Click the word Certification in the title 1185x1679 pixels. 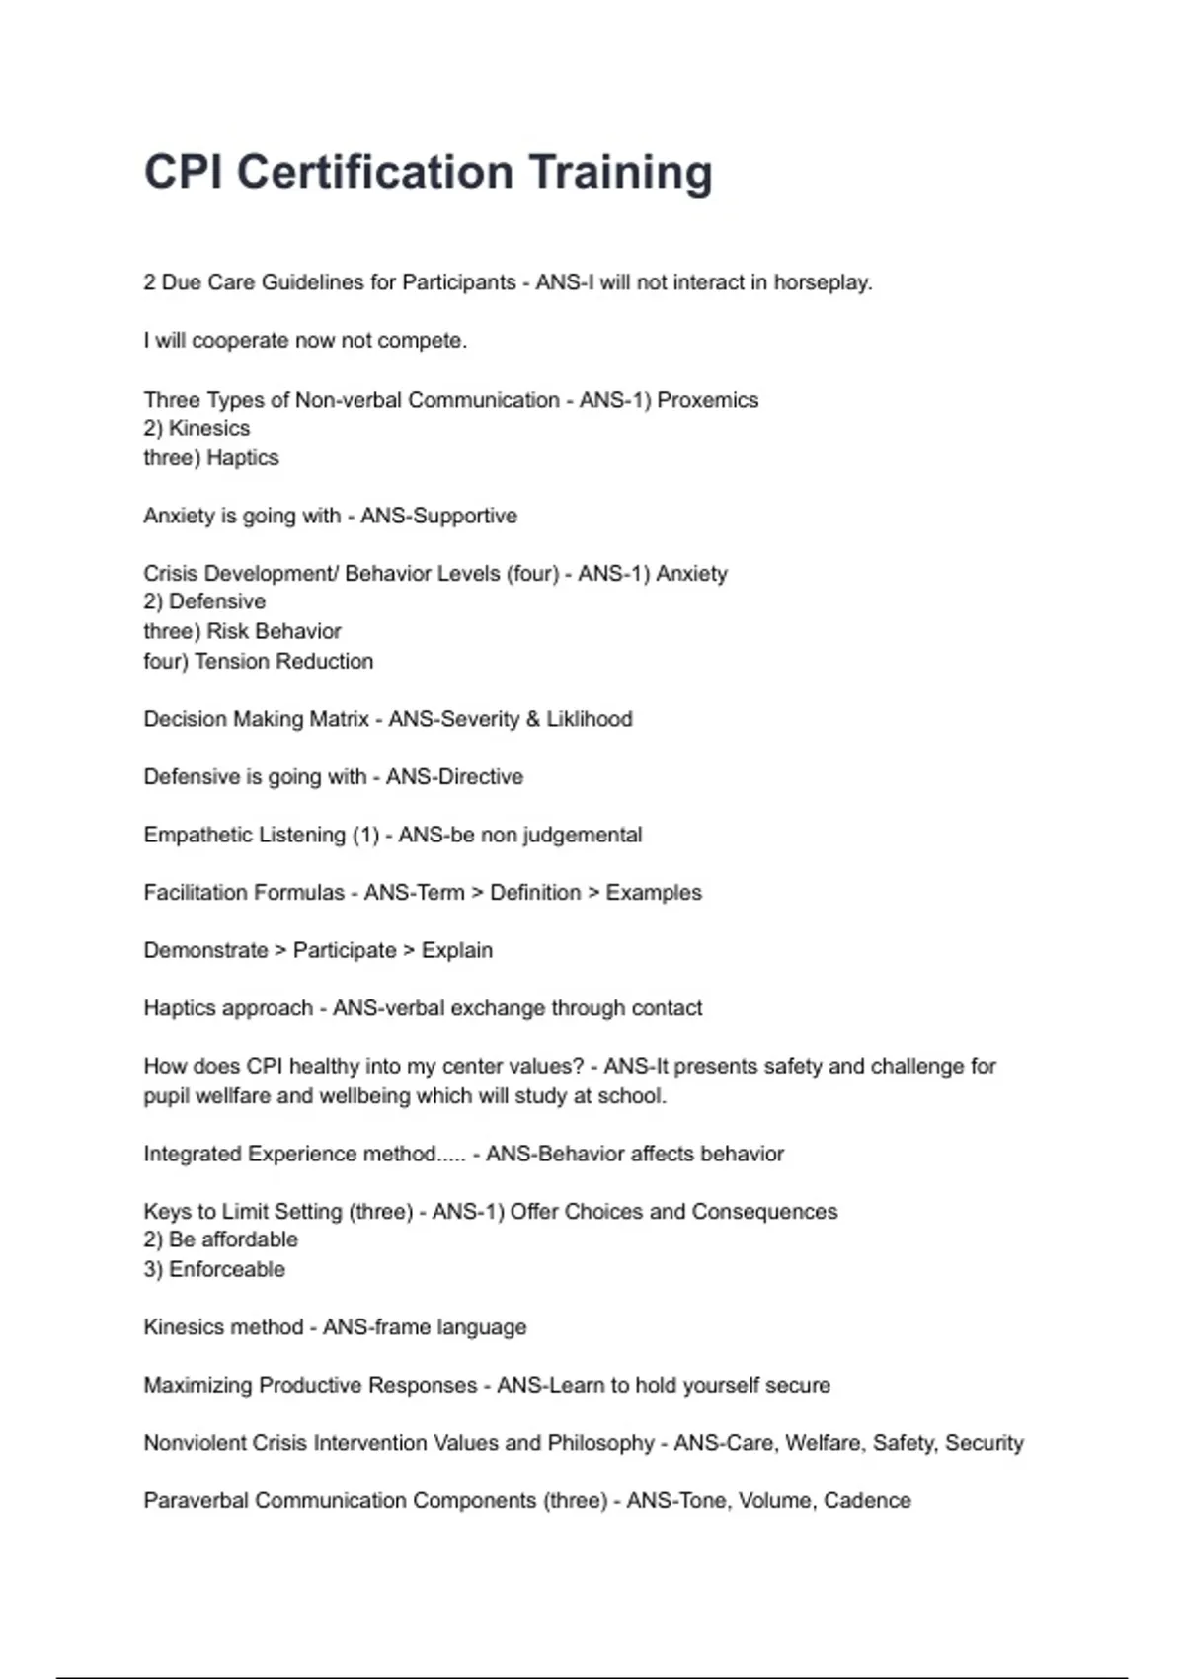[374, 172]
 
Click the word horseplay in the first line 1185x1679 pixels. [822, 282]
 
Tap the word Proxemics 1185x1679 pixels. [708, 400]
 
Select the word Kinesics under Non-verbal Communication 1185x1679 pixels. [209, 429]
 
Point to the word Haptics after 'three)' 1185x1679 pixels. [243, 458]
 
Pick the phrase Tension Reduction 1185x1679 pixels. [284, 662]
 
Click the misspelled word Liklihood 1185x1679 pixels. [590, 719]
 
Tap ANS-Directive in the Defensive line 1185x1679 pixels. [454, 777]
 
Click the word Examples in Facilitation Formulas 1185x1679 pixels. [654, 893]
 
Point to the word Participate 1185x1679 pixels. [345, 950]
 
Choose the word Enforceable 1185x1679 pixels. [227, 1270]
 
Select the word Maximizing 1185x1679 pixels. [197, 1385]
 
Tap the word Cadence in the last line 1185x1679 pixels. [867, 1501]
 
